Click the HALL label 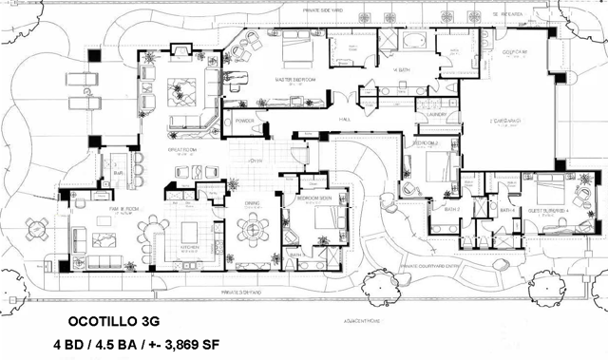[346, 120]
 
